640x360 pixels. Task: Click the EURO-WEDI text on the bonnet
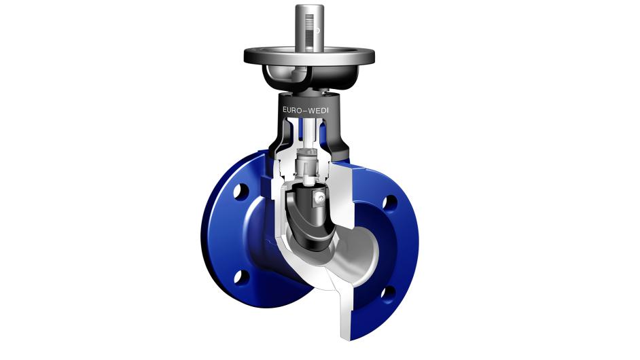click(305, 110)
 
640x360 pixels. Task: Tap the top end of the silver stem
click(309, 5)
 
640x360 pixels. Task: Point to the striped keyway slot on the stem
click(310, 29)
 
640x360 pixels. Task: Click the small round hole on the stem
click(317, 30)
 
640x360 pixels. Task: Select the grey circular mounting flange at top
click(309, 56)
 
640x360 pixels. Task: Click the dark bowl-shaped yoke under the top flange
click(310, 77)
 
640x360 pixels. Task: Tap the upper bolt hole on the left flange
click(241, 191)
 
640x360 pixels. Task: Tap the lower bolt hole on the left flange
click(241, 276)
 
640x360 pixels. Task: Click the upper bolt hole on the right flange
click(390, 203)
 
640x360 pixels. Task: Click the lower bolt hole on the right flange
click(388, 293)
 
